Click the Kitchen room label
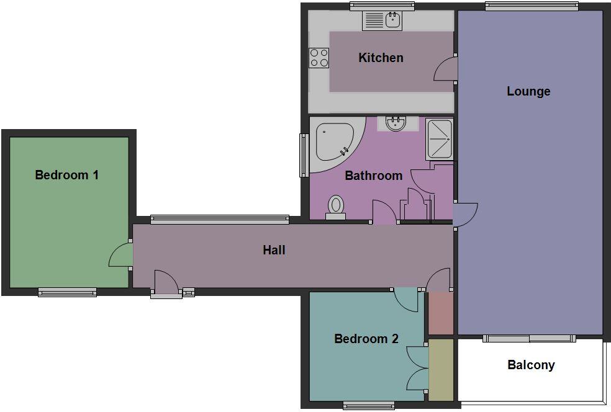[x=381, y=58]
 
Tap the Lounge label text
[x=528, y=91]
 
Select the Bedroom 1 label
[x=66, y=175]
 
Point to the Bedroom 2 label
[x=366, y=339]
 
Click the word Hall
[x=274, y=250]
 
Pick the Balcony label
[x=531, y=365]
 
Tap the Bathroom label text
[x=373, y=176]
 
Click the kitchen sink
[x=392, y=20]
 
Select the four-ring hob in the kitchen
[x=319, y=58]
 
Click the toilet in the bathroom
[x=336, y=206]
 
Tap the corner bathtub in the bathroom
[x=333, y=143]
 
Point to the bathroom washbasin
[x=395, y=123]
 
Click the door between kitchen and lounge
[x=446, y=69]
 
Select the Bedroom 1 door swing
[x=121, y=255]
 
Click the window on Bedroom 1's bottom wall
[x=67, y=292]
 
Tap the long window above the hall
[x=220, y=219]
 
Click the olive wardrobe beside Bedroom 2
[x=441, y=370]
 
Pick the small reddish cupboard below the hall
[x=441, y=313]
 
